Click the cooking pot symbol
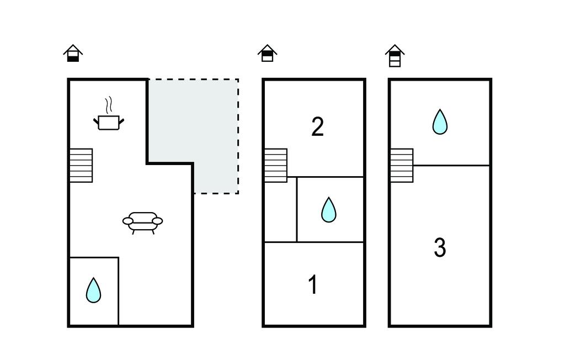(x=109, y=122)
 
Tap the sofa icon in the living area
(x=142, y=221)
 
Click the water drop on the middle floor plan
(x=329, y=210)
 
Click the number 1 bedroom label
(x=313, y=285)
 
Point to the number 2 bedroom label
(x=317, y=127)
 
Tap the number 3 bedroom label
(x=440, y=248)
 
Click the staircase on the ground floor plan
(x=81, y=165)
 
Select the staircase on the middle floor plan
(x=275, y=165)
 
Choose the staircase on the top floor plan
(x=402, y=165)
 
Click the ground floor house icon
(x=73, y=54)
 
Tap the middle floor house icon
(x=268, y=54)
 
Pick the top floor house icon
(x=395, y=56)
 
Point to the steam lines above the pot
(x=109, y=104)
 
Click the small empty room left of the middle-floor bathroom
(x=280, y=209)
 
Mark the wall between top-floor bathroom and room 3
(x=451, y=165)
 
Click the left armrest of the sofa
(x=128, y=221)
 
